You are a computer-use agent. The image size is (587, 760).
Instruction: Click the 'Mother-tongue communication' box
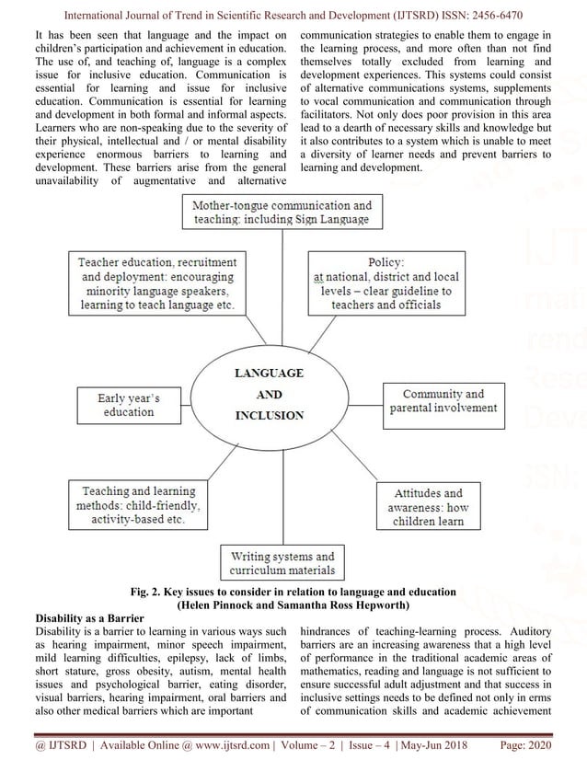(282, 213)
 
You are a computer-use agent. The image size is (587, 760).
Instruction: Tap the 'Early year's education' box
(129, 406)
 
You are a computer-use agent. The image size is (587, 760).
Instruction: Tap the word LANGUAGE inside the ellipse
(268, 374)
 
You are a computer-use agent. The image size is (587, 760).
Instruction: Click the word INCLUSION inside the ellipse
(268, 415)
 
